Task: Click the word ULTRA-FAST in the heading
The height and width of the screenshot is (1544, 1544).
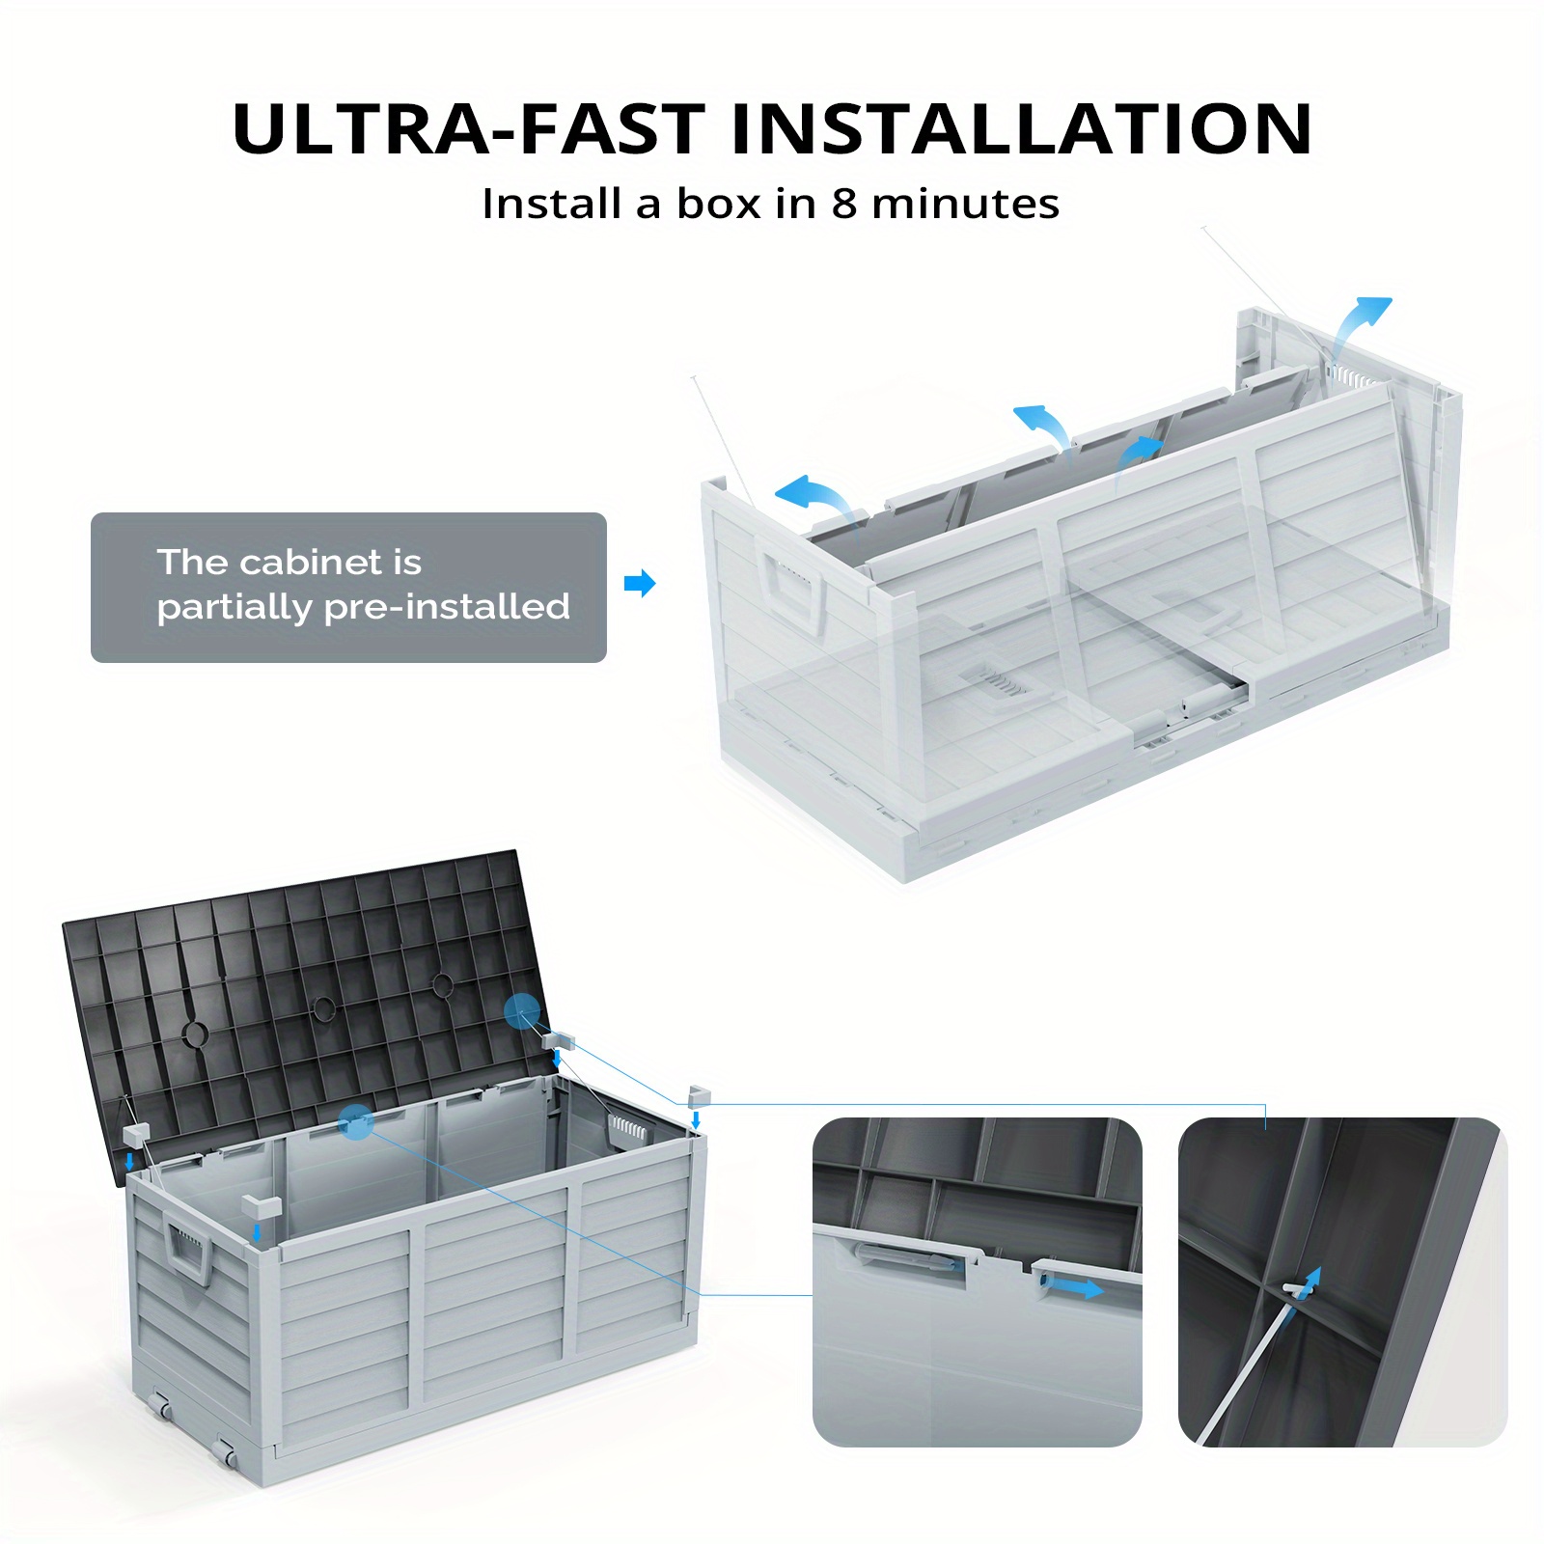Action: [469, 128]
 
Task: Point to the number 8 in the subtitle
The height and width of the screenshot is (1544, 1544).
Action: [844, 204]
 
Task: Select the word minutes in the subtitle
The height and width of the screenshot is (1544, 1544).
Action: [965, 204]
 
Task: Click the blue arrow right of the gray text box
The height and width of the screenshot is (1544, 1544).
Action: [640, 583]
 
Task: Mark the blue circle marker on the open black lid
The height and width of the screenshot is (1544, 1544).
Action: [522, 1010]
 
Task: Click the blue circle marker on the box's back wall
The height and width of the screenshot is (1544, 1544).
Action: [356, 1122]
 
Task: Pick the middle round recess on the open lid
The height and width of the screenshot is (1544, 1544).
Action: [323, 1008]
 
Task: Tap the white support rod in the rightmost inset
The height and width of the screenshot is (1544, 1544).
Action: [1245, 1366]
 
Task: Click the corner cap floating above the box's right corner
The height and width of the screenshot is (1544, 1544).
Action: [700, 1096]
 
